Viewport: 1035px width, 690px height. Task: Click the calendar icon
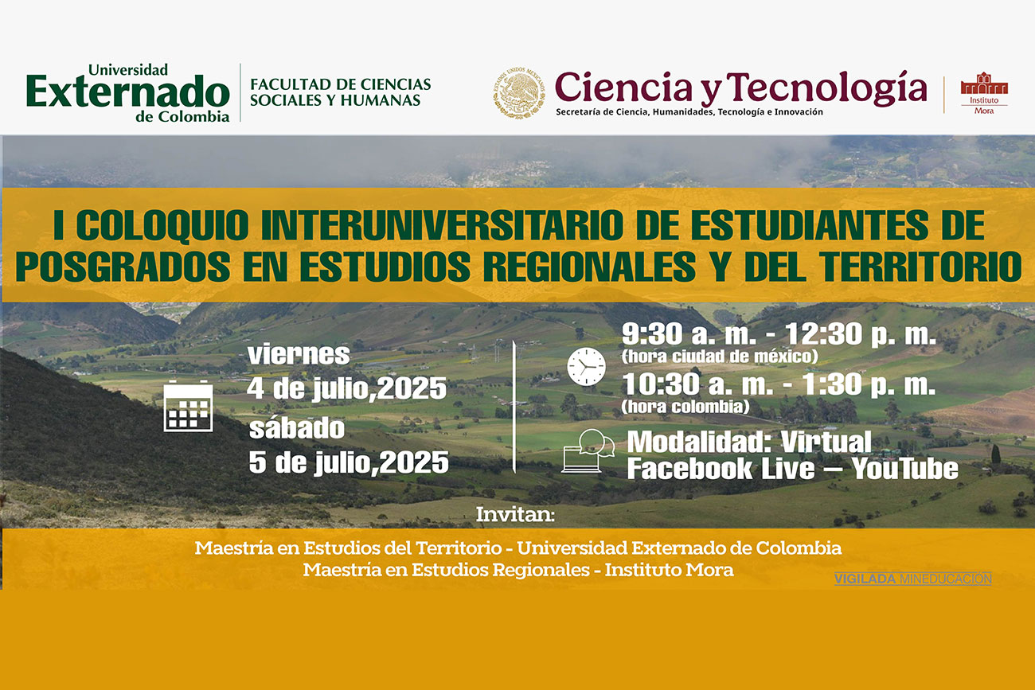click(188, 406)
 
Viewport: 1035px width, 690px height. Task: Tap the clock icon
click(586, 367)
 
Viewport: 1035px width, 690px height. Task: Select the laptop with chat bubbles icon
click(588, 450)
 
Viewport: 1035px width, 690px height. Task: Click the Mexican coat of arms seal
click(519, 92)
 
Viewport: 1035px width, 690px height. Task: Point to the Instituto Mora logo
click(984, 93)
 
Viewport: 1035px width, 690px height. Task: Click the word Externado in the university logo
click(128, 91)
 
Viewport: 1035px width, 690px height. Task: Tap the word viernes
click(299, 354)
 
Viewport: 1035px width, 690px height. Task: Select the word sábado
click(297, 428)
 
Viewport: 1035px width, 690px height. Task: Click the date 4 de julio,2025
click(347, 388)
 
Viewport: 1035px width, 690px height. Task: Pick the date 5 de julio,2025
click(349, 462)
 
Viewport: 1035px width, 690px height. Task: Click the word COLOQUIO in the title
click(162, 225)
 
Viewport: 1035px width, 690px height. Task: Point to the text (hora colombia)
click(685, 407)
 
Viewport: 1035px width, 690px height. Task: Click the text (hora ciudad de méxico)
click(720, 356)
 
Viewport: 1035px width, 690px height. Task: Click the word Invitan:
click(515, 514)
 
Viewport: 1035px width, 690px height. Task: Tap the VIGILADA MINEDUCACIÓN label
click(913, 579)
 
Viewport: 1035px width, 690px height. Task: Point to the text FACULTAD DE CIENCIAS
click(341, 84)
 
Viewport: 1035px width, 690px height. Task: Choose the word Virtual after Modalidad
click(826, 442)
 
